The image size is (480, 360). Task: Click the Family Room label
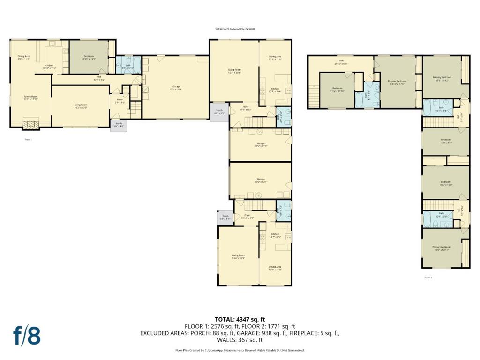[31, 98]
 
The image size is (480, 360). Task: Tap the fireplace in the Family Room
[31, 124]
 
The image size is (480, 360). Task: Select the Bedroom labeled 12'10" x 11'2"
[89, 58]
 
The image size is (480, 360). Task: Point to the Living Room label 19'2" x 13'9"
[81, 106]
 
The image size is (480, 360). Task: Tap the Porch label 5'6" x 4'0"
[119, 124]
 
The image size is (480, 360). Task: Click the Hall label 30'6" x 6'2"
[99, 78]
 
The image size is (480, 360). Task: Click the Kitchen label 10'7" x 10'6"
[275, 90]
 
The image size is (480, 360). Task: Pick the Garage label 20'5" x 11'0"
[261, 144]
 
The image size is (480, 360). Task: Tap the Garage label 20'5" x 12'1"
[261, 180]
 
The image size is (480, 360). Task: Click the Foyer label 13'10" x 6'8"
[247, 217]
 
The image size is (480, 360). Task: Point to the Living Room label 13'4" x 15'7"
[239, 256]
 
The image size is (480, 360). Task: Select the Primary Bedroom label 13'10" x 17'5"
[397, 82]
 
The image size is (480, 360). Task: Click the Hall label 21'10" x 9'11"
[341, 62]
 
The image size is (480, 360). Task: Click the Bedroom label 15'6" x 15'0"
[445, 183]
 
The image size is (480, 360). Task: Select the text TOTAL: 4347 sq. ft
[240, 319]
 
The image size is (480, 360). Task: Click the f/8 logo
[26, 336]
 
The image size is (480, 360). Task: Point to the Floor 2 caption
[428, 277]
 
